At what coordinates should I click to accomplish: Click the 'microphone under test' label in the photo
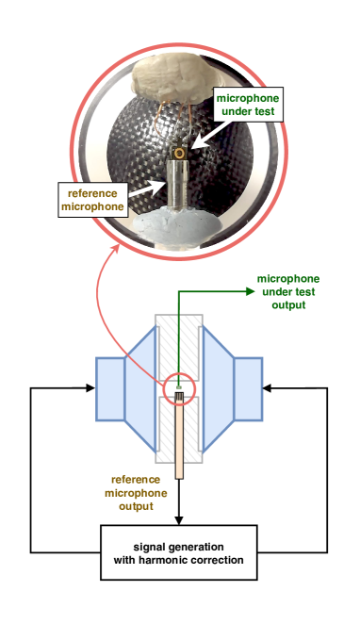click(x=248, y=105)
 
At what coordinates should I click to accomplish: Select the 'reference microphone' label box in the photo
click(x=92, y=200)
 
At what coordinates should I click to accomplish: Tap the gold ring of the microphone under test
click(x=180, y=154)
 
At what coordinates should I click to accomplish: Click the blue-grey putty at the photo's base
click(x=177, y=226)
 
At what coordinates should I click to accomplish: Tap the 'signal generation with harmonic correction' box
click(x=179, y=552)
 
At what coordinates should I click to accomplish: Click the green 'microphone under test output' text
click(x=288, y=291)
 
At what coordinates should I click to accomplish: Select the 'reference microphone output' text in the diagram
click(x=136, y=493)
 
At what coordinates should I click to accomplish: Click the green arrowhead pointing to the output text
click(x=251, y=291)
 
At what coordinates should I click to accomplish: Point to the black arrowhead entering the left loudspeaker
click(x=90, y=388)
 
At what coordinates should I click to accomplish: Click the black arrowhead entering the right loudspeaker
click(x=268, y=388)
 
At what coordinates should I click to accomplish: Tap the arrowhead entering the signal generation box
click(x=179, y=520)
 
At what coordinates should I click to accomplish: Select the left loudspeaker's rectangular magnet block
click(x=110, y=388)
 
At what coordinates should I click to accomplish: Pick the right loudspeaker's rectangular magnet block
click(x=248, y=388)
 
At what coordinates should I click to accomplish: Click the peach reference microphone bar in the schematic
click(x=179, y=437)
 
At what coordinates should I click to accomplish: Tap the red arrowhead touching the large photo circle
click(x=117, y=248)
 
